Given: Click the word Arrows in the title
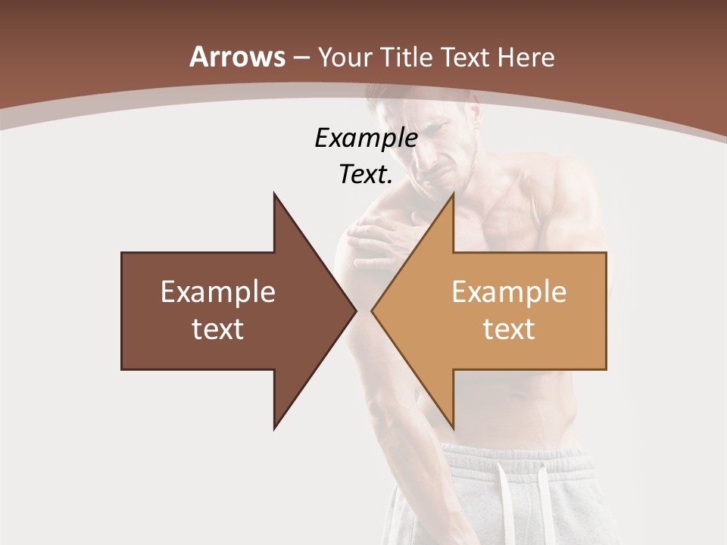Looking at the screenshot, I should pyautogui.click(x=238, y=57).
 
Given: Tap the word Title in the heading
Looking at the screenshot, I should pyautogui.click(x=406, y=57).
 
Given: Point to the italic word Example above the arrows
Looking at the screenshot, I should pyautogui.click(x=366, y=138).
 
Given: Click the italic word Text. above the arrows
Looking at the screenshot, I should pyautogui.click(x=366, y=174).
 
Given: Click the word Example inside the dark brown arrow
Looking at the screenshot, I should pyautogui.click(x=218, y=291).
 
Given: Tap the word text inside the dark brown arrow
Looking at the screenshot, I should pyautogui.click(x=218, y=329).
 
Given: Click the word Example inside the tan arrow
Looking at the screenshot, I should pyautogui.click(x=509, y=291).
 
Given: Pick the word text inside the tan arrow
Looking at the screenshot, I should pyautogui.click(x=509, y=329).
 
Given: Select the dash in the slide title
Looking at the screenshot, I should pyautogui.click(x=301, y=58).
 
